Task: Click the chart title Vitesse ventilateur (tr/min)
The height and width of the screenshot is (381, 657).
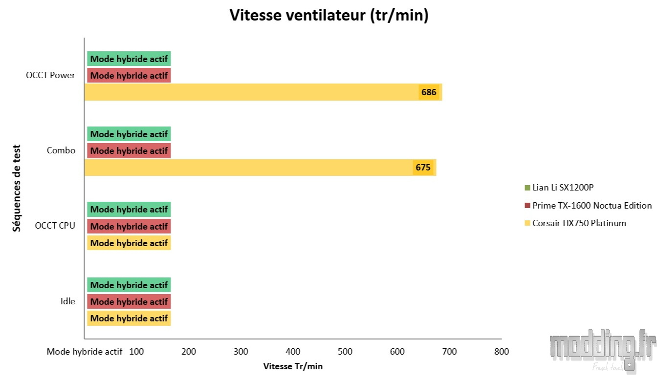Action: coord(328,16)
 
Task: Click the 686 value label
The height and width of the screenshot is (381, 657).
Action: coord(429,92)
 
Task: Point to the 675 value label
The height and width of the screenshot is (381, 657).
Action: coord(423,168)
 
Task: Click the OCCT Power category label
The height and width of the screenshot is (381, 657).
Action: coord(51,75)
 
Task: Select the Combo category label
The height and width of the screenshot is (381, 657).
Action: coord(61,150)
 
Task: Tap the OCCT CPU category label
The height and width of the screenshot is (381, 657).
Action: coord(55,226)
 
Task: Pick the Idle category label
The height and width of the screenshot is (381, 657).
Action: coord(67,301)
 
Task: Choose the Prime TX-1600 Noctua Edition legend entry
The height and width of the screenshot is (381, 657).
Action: coord(591,206)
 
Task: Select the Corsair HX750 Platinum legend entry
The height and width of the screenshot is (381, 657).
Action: coord(579,223)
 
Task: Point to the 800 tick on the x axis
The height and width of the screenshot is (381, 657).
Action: coord(502,351)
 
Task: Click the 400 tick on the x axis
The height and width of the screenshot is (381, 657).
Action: coord(293,351)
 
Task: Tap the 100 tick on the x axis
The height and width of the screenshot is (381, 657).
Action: coord(136,351)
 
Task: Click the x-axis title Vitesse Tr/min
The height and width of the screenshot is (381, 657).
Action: coord(293,366)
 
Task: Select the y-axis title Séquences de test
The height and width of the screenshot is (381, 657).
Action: coord(17,188)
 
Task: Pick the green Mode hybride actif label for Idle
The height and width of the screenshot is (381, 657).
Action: coord(129,285)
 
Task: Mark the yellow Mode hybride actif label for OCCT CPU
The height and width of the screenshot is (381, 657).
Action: coord(129,243)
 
